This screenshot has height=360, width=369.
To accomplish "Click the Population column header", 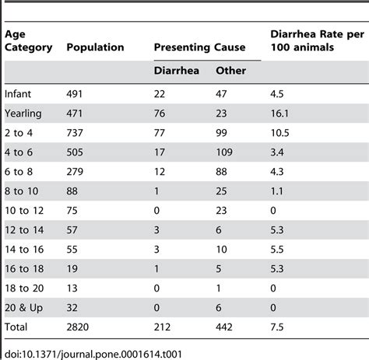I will pyautogui.click(x=95, y=47).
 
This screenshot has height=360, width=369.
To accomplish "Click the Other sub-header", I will pyautogui.click(x=232, y=72).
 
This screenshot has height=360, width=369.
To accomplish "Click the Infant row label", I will pyautogui.click(x=19, y=93).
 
